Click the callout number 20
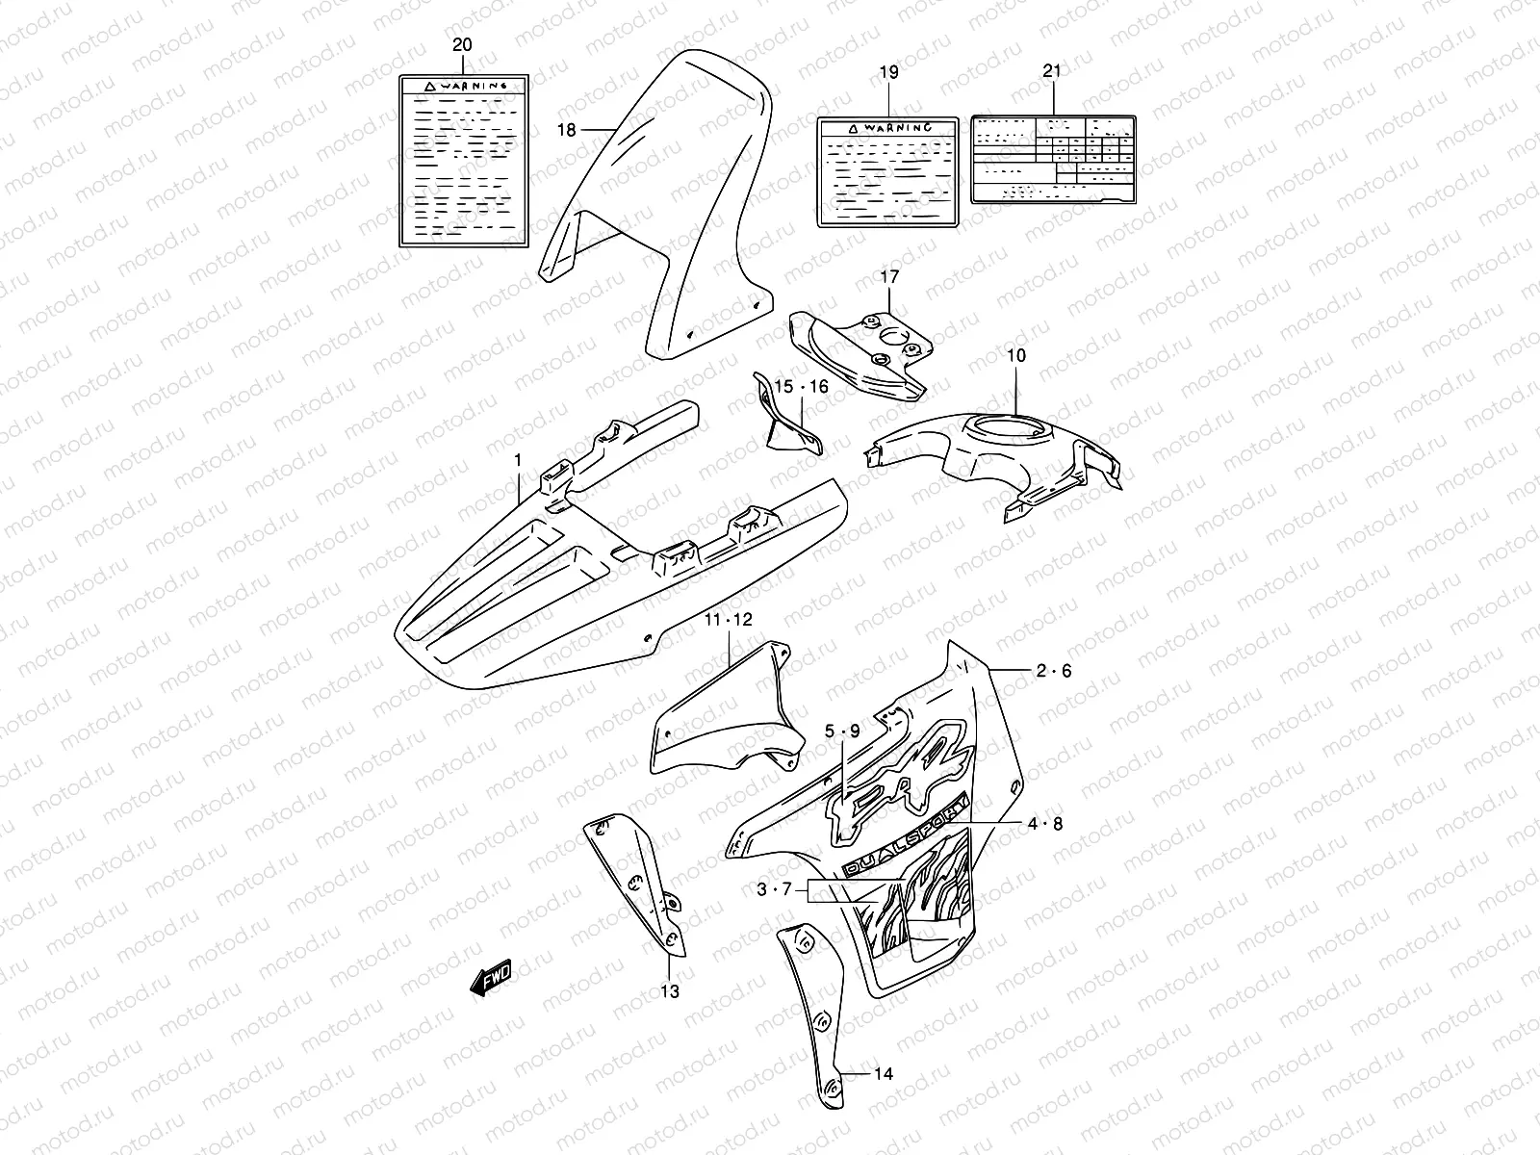coord(462,45)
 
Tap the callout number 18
coord(566,130)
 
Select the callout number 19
coord(887,72)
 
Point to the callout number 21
coord(1052,71)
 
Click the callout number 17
coord(889,277)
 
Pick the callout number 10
coord(1016,355)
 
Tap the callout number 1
coord(517,461)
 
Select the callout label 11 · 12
coord(728,620)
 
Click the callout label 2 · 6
coord(1054,672)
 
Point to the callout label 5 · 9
coord(841,731)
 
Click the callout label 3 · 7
coord(774,890)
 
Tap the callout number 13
coord(670,991)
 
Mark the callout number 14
coord(885,1073)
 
